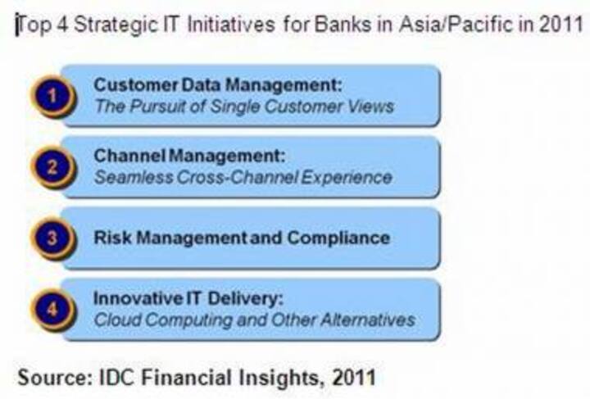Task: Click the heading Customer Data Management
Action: tap(216, 84)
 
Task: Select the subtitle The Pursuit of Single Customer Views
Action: tap(243, 106)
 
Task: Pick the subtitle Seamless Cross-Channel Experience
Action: tap(243, 176)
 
